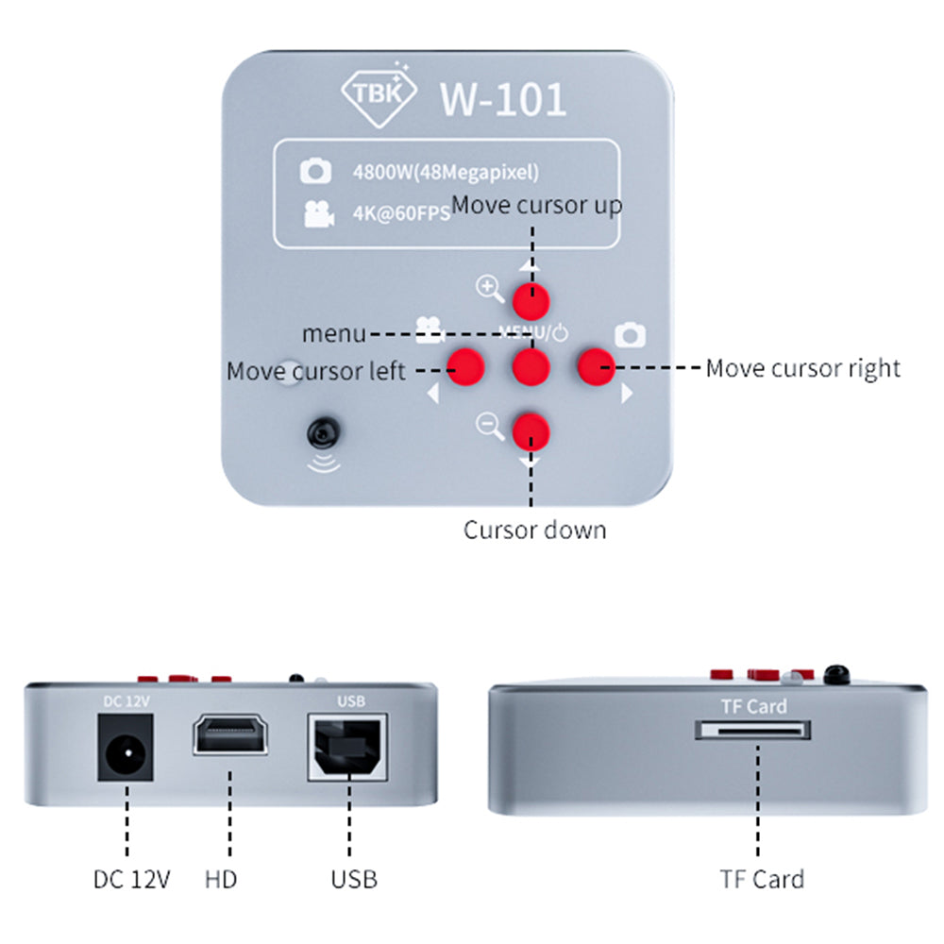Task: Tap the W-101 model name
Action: (503, 99)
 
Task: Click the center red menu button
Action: (531, 366)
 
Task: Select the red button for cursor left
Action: (465, 366)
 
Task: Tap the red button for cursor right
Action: (597, 366)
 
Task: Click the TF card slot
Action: (753, 730)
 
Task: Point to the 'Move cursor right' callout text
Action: (802, 367)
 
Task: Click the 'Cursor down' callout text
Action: (534, 530)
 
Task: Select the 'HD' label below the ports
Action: (221, 880)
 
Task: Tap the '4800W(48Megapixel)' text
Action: (445, 172)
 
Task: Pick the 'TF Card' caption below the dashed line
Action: (761, 880)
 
